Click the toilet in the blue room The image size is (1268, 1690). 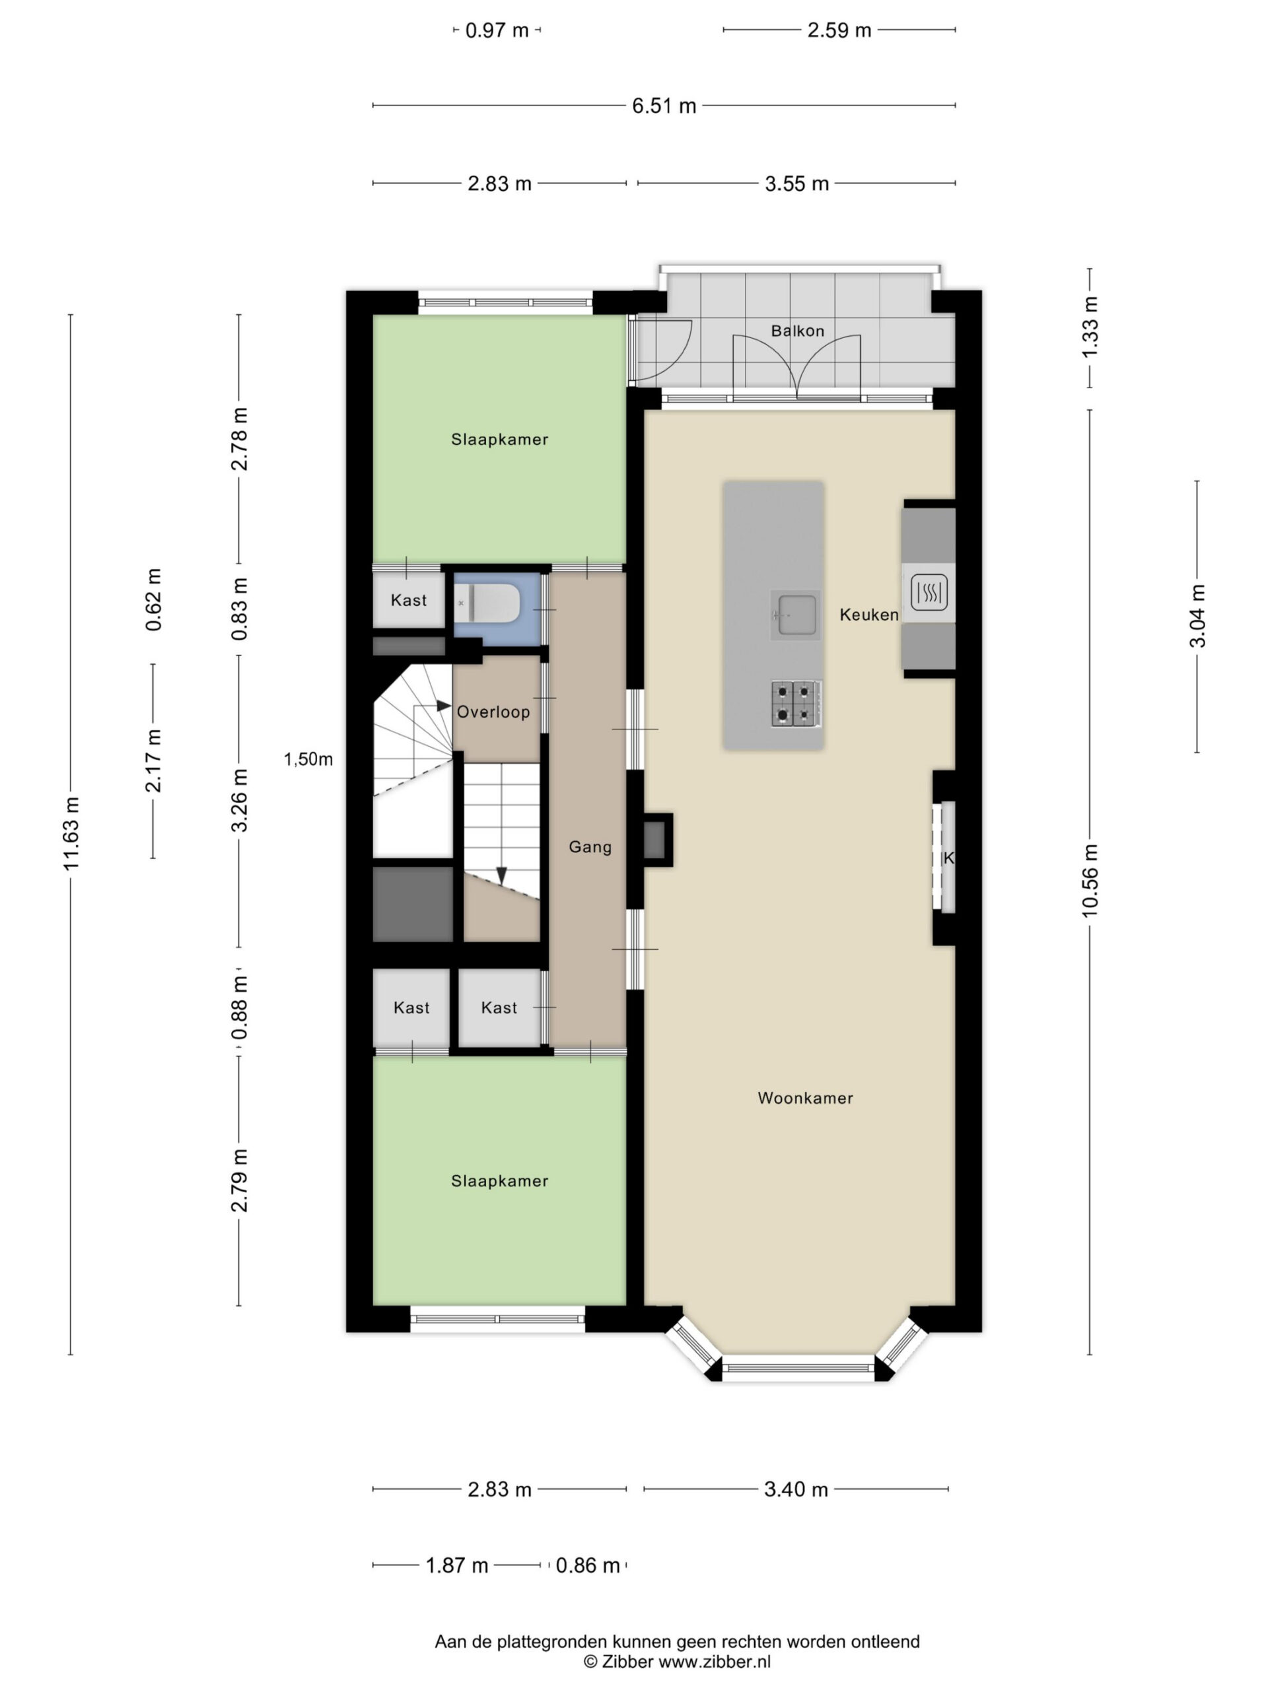[x=487, y=603]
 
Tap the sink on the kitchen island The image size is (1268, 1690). [x=795, y=614]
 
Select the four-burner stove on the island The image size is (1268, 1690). [x=796, y=704]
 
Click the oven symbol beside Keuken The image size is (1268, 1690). [x=929, y=592]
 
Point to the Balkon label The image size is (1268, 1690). [x=797, y=331]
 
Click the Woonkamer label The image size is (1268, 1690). [x=805, y=1098]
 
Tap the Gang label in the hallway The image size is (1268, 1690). [x=590, y=846]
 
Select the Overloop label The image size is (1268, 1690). [x=493, y=712]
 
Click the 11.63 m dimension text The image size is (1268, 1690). [x=71, y=834]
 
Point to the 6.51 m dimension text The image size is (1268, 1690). [x=664, y=106]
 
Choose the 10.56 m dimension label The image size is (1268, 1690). [x=1090, y=880]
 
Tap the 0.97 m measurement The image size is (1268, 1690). [x=497, y=30]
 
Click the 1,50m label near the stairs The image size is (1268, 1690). [x=308, y=759]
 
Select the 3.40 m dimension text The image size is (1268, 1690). [x=796, y=1489]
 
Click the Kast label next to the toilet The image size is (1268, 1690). [x=409, y=601]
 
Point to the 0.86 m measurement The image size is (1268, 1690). [x=587, y=1565]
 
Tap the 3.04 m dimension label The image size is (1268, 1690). [x=1197, y=616]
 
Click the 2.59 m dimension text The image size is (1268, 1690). [x=839, y=30]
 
